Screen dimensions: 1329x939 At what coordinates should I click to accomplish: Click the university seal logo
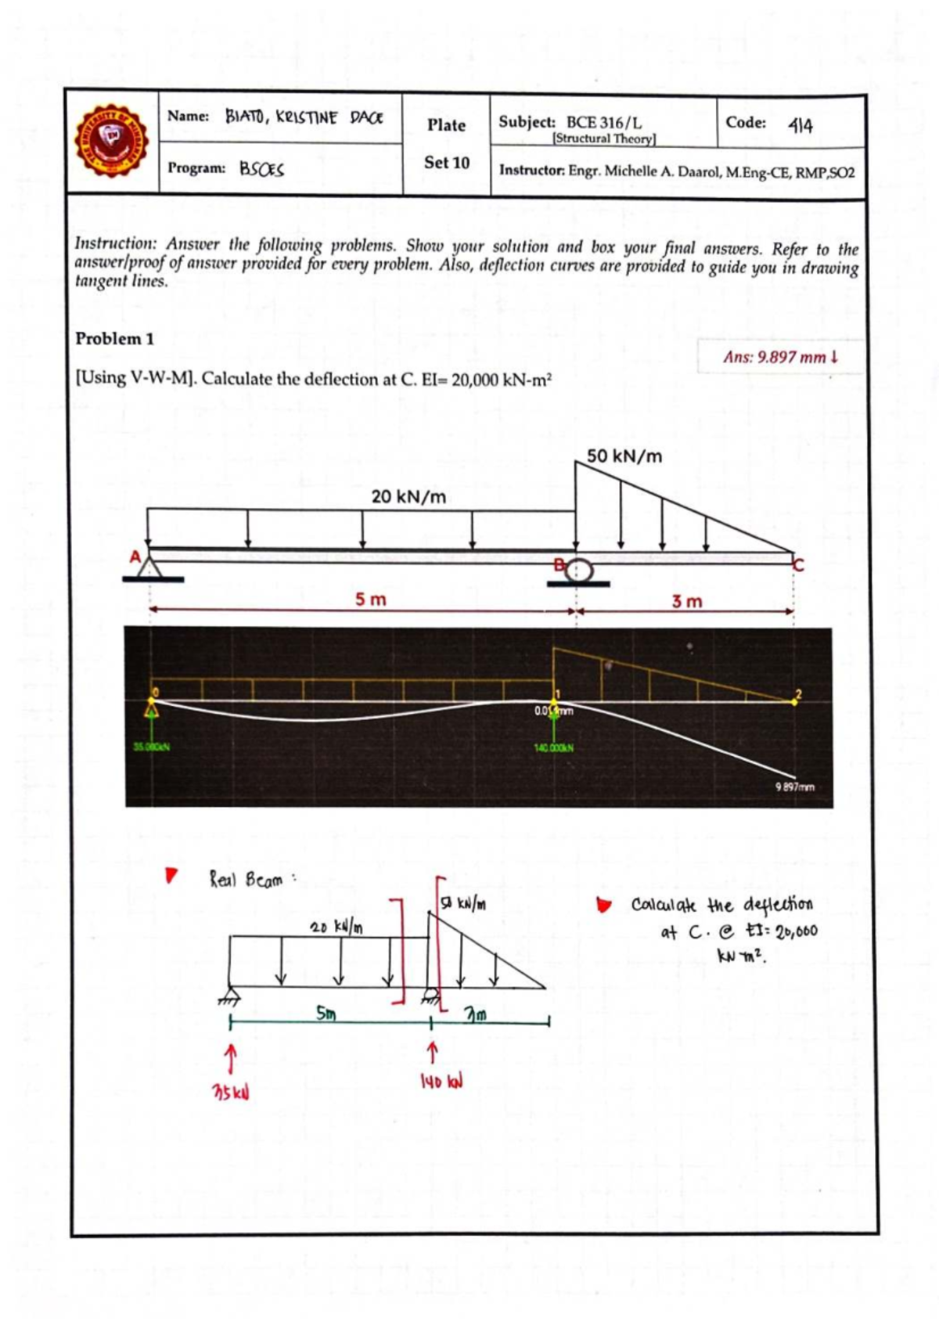tap(111, 141)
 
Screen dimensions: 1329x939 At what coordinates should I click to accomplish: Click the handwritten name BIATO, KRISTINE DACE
tap(304, 117)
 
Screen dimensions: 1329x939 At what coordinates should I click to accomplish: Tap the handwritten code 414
tap(800, 125)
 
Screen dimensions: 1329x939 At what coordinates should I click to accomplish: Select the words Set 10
tap(446, 163)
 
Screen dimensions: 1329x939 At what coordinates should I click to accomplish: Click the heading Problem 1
tap(114, 339)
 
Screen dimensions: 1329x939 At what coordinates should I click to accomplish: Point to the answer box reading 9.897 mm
tap(780, 357)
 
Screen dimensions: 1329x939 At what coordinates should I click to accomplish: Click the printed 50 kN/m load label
tap(624, 456)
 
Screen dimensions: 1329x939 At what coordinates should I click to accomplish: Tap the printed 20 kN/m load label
tap(408, 496)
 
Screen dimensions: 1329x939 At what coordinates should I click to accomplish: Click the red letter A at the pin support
tap(135, 557)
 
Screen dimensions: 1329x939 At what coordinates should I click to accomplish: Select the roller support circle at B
tap(579, 568)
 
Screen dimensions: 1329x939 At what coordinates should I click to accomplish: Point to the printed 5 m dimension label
tap(370, 600)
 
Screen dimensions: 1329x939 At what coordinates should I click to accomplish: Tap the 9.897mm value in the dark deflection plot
tap(794, 787)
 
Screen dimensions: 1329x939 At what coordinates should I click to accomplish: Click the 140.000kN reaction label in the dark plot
tap(553, 747)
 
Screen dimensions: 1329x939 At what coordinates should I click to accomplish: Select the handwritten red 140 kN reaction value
tap(441, 1082)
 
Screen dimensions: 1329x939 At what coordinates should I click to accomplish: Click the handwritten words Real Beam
tap(246, 880)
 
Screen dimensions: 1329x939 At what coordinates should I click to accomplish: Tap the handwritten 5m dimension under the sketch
tap(326, 1013)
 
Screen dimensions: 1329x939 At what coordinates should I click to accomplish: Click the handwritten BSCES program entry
tap(261, 168)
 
